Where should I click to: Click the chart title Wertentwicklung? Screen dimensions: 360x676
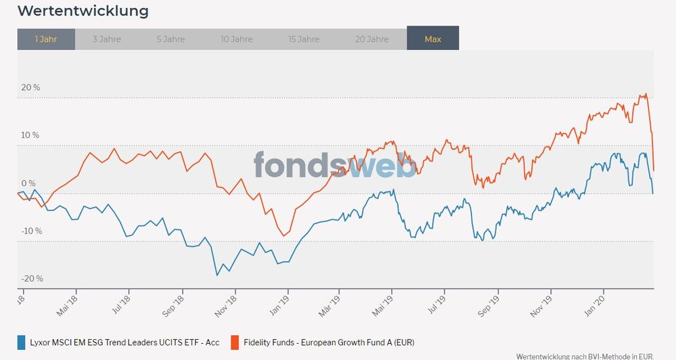[x=83, y=12]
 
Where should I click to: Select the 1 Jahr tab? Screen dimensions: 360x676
[x=46, y=39]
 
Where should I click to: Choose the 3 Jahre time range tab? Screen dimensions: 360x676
[x=106, y=39]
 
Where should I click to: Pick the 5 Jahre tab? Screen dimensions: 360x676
[x=171, y=39]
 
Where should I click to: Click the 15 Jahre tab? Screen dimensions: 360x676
[x=305, y=39]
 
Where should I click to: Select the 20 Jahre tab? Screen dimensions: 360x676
[x=372, y=39]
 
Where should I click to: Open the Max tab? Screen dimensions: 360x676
[x=433, y=39]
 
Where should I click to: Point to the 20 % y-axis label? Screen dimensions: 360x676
[x=31, y=87]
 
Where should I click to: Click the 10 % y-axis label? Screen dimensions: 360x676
[x=31, y=135]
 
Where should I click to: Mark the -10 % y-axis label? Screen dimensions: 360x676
[x=31, y=231]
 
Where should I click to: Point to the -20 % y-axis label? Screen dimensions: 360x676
[x=31, y=279]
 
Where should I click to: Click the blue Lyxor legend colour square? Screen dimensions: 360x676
[x=21, y=342]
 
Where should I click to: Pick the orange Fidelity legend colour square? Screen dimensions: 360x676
[x=235, y=342]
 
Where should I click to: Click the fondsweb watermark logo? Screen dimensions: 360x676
[x=335, y=164]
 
